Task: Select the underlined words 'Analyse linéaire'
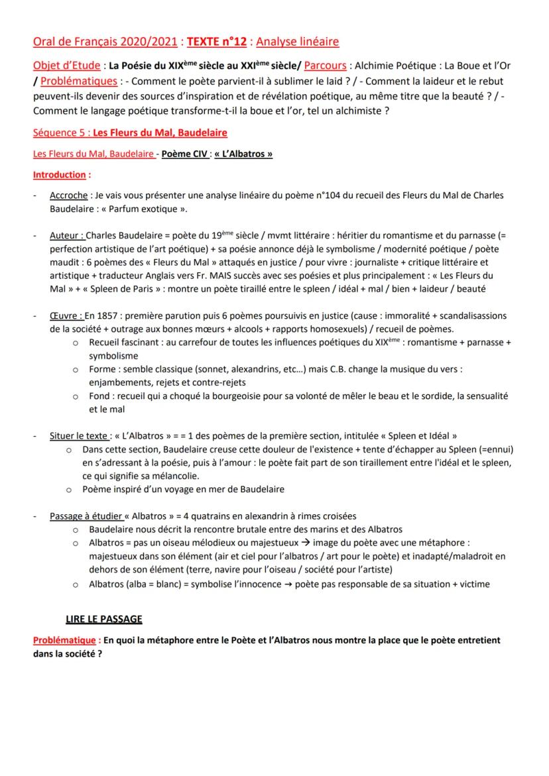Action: pos(298,42)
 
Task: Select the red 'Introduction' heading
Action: pos(60,175)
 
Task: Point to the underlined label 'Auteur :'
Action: pos(68,235)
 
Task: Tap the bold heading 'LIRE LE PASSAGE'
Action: pos(104,619)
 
